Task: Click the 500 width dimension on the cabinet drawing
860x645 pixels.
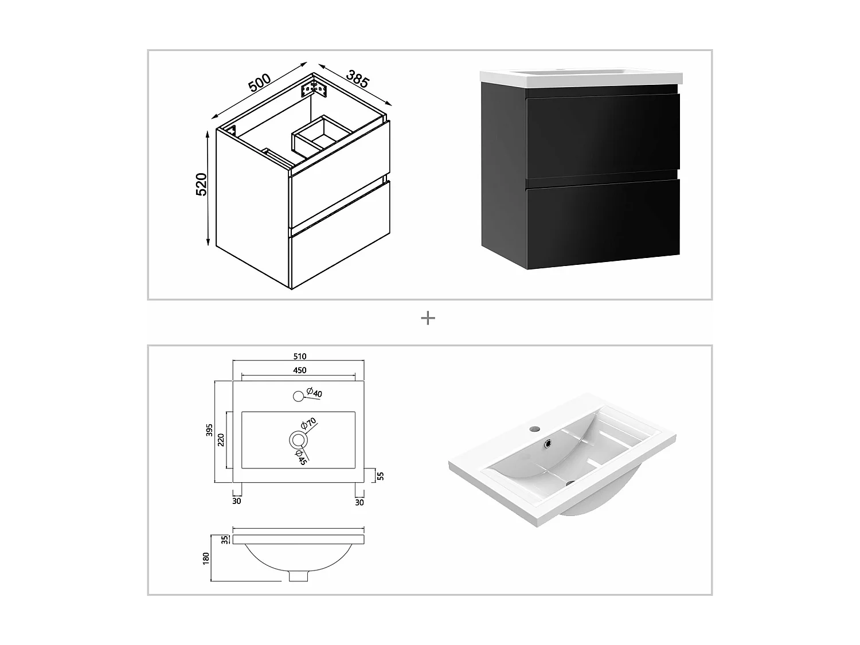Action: click(259, 83)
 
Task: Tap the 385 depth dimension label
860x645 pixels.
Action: click(357, 79)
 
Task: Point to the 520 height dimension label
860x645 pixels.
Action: click(202, 184)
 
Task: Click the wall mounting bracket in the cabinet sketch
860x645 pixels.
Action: click(314, 89)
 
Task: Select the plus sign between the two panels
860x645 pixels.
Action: click(428, 318)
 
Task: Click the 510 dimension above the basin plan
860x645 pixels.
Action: click(299, 357)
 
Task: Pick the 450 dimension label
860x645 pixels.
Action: click(299, 370)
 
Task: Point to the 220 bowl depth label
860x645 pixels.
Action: click(221, 440)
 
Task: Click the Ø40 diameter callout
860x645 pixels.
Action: click(314, 393)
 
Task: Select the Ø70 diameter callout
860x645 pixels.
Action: click(309, 424)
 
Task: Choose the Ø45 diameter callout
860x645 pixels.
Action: click(301, 457)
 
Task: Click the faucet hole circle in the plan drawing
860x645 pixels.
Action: click(298, 396)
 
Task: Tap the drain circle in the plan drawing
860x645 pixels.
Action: click(298, 440)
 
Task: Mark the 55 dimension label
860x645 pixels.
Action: click(380, 475)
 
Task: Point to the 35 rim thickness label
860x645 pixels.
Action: click(225, 539)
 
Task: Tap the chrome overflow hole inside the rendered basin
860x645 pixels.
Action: click(549, 443)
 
